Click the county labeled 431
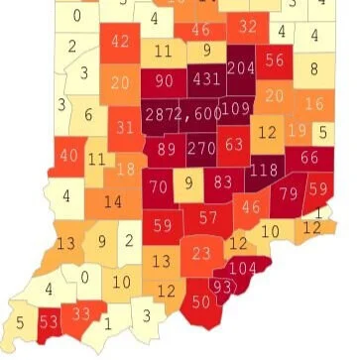click(206, 78)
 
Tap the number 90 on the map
click(165, 80)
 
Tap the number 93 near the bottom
click(226, 287)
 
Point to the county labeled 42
click(121, 42)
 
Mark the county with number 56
click(276, 60)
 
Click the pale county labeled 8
click(314, 68)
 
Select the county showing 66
click(308, 157)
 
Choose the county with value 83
click(223, 181)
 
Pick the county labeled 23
click(201, 253)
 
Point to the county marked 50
click(201, 301)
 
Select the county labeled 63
click(234, 145)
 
